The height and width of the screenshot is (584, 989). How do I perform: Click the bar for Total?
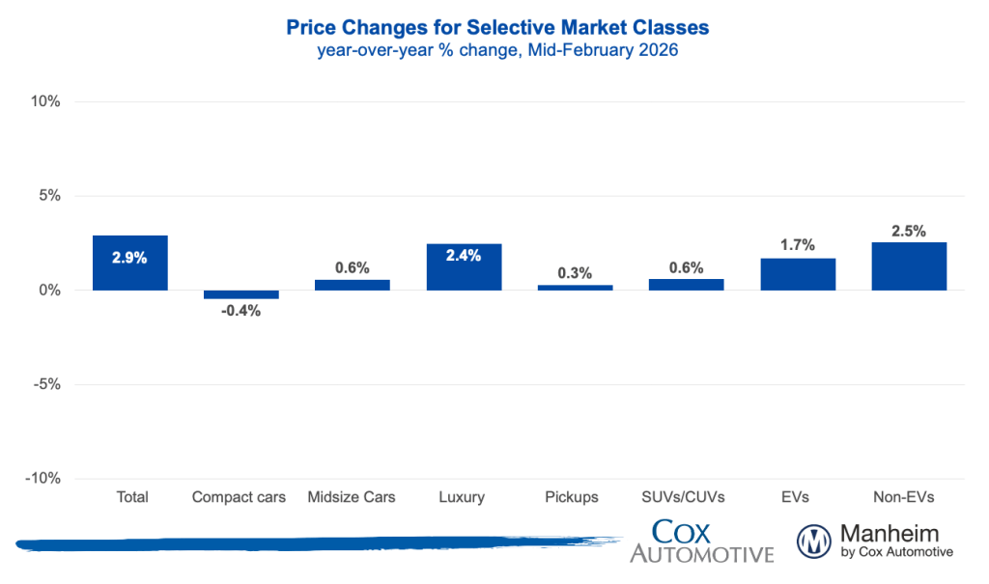coord(129,263)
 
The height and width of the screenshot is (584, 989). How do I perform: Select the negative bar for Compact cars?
coord(240,294)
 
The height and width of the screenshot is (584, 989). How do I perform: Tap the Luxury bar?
coord(464,266)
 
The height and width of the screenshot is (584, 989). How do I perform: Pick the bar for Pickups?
coord(575,287)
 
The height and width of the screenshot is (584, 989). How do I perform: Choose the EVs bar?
coord(797,274)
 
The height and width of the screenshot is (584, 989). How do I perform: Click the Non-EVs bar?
coord(909,265)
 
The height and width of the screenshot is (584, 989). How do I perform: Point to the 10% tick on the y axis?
coord(46,101)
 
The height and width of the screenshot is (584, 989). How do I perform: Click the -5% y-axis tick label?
coord(46,384)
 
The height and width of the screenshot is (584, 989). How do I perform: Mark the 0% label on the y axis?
coord(49,291)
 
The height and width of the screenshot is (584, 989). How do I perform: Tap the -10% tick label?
coord(43,479)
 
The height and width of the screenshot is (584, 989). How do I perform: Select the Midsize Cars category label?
coord(352,497)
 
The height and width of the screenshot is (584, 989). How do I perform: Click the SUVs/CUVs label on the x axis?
coord(686,497)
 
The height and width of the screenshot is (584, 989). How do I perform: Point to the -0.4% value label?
coord(240,311)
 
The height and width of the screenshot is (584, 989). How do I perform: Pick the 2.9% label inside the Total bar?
coord(129,258)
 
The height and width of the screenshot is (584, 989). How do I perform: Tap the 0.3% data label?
coord(575,273)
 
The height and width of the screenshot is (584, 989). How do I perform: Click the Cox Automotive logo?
coord(701,541)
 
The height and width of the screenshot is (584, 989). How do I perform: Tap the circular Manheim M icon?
coord(814,541)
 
